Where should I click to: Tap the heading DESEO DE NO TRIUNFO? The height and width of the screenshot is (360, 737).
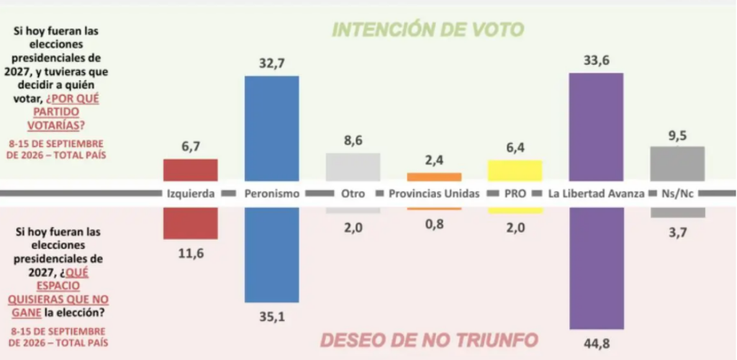429,341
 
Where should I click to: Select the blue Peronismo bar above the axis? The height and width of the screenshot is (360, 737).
271,128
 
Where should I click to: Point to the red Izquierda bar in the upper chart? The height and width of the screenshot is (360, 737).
190,170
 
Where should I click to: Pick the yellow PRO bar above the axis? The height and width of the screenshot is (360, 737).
515,170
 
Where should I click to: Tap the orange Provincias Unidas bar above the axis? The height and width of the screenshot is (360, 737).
434,176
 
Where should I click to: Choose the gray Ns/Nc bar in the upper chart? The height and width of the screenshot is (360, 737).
677,163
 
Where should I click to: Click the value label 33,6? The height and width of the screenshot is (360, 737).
596,60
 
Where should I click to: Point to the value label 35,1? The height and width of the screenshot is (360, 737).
271,317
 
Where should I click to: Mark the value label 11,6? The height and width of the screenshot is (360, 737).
190,253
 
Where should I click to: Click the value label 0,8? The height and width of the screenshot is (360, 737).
434,223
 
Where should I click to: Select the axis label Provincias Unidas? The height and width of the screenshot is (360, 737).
434,194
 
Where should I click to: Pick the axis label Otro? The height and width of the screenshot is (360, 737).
353,194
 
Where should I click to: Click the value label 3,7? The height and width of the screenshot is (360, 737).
677,232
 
